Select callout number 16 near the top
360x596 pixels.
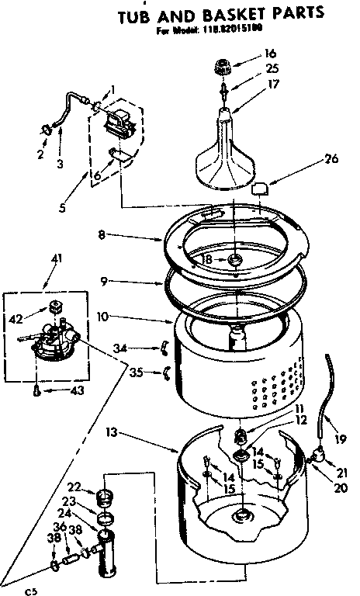(269, 54)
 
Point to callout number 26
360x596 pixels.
(331, 161)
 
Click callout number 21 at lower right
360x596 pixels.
(342, 473)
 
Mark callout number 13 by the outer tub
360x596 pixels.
(113, 431)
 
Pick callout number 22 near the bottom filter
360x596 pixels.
(74, 487)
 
